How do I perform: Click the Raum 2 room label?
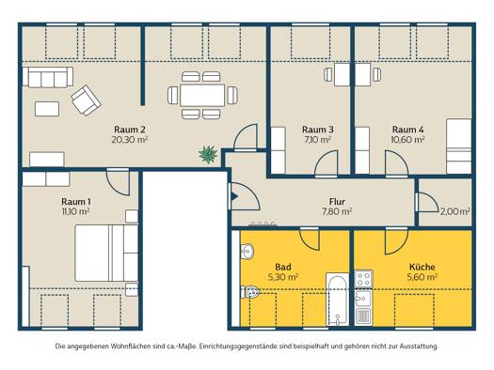(x=130, y=130)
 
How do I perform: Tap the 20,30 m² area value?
(x=130, y=139)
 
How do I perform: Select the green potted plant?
(x=208, y=154)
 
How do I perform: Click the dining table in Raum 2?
(x=202, y=95)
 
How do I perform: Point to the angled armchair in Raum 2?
(x=86, y=100)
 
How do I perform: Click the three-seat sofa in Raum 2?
(x=48, y=77)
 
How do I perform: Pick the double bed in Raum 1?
(x=106, y=253)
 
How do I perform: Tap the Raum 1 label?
(x=76, y=202)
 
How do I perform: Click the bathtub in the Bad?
(x=338, y=300)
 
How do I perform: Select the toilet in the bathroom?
(x=250, y=292)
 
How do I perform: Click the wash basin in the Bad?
(x=247, y=251)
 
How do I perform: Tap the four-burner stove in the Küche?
(x=363, y=279)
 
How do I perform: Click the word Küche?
(x=422, y=268)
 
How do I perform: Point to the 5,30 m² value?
(x=283, y=277)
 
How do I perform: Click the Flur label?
(x=337, y=202)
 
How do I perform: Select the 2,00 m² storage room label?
(x=454, y=212)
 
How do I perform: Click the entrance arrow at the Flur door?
(x=234, y=196)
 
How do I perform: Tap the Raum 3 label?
(x=318, y=130)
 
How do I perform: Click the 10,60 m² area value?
(x=407, y=139)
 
